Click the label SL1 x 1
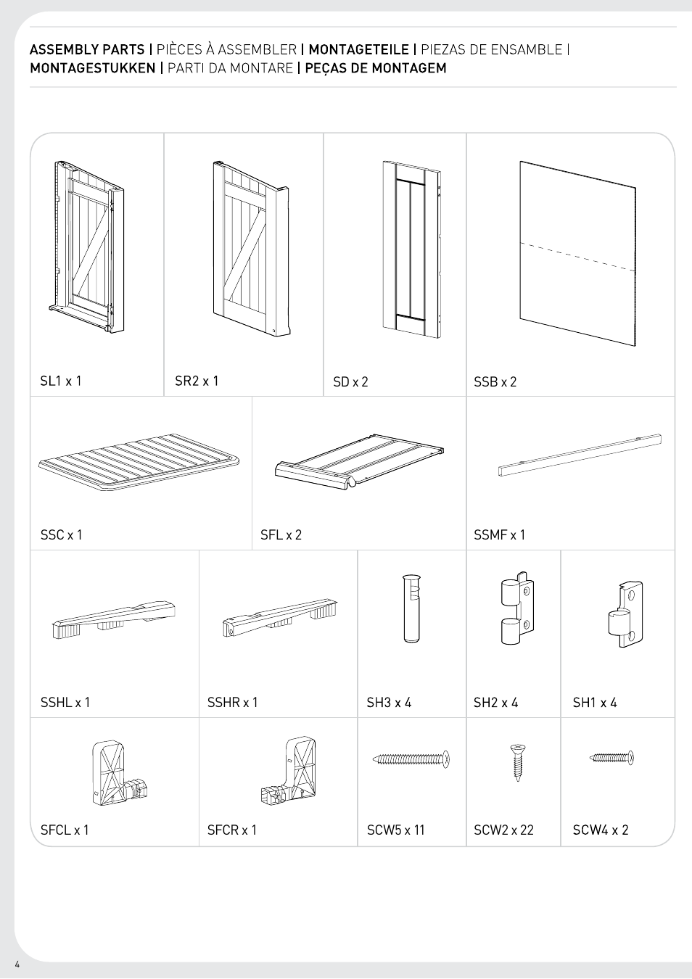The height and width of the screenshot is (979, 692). (x=61, y=381)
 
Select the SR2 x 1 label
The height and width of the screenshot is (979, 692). (x=197, y=381)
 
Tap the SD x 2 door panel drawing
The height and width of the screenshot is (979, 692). (x=411, y=249)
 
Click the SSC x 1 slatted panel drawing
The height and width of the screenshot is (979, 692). (x=139, y=462)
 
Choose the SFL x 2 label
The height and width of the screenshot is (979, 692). (x=281, y=535)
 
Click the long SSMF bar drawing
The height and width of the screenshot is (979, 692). (x=580, y=455)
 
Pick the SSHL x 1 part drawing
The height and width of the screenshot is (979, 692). (x=113, y=619)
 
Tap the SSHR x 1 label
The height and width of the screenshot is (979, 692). (x=232, y=703)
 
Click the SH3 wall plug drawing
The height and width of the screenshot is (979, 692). (x=411, y=608)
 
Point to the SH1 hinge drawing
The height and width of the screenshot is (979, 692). (x=625, y=614)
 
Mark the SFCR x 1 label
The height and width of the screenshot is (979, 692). (x=232, y=830)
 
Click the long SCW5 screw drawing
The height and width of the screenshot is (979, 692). (x=411, y=759)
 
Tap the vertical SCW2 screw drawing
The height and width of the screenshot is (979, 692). (x=517, y=762)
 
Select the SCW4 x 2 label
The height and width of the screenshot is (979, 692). (x=601, y=830)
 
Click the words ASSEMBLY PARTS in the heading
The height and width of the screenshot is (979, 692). (x=87, y=50)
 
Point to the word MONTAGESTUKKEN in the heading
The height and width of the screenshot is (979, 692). (x=93, y=69)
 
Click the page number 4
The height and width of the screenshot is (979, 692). (x=17, y=964)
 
